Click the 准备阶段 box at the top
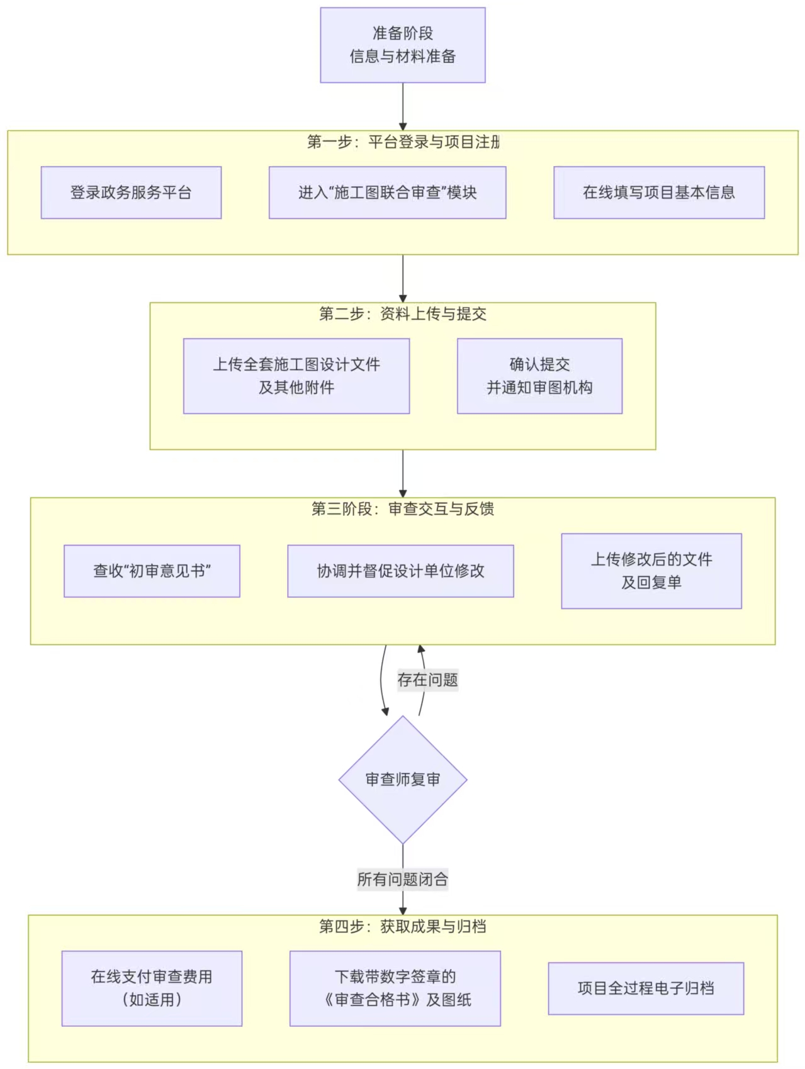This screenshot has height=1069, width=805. click(403, 45)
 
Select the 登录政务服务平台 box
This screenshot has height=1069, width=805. click(131, 193)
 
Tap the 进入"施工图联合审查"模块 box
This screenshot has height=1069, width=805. click(387, 193)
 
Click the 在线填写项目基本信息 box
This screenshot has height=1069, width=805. click(659, 193)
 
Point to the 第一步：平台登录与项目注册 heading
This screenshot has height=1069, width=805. click(403, 142)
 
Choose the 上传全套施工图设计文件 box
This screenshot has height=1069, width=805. click(296, 376)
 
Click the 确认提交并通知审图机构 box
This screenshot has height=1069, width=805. click(539, 376)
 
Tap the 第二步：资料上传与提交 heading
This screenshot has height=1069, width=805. click(403, 314)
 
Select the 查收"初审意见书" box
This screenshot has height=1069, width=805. click(152, 571)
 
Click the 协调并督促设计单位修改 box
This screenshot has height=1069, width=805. click(400, 571)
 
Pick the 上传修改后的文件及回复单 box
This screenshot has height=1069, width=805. click(651, 571)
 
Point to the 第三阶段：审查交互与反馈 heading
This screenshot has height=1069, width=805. click(403, 509)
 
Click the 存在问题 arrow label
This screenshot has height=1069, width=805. click(427, 680)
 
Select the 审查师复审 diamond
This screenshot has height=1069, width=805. click(403, 780)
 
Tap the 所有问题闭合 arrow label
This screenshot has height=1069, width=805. click(403, 879)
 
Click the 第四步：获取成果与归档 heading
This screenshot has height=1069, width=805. click(403, 926)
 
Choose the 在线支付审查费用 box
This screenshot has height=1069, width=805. click(152, 988)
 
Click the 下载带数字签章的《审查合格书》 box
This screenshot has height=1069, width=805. click(395, 988)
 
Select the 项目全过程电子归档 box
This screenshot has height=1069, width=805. click(646, 988)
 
